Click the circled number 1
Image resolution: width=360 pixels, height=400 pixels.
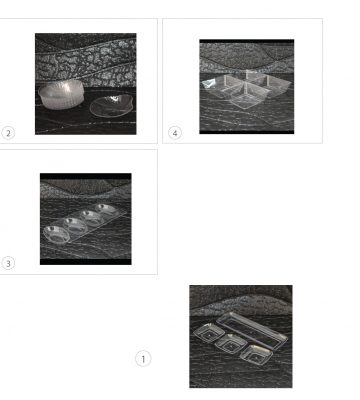click(143, 359)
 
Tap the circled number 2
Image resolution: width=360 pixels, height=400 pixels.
click(8, 133)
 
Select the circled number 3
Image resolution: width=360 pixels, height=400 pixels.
click(8, 263)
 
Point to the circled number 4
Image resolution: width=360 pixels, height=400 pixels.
click(175, 133)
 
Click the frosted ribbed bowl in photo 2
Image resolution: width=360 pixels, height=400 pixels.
click(61, 94)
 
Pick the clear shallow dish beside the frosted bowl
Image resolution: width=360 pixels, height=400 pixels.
click(111, 106)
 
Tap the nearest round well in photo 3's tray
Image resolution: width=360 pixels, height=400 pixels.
click(56, 234)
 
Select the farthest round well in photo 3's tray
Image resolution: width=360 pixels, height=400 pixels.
click(106, 209)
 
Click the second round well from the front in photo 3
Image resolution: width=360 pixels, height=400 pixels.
click(75, 225)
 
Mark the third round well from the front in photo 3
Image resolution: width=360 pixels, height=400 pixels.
click(92, 217)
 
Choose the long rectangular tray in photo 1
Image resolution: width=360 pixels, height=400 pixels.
click(252, 330)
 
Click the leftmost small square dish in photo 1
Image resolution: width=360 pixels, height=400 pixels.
click(208, 333)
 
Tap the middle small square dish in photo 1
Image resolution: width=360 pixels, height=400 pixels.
click(231, 343)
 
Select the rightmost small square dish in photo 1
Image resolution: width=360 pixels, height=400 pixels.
click(256, 354)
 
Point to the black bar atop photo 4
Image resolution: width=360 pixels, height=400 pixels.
click(247, 41)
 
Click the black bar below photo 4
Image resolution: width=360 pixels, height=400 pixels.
click(247, 132)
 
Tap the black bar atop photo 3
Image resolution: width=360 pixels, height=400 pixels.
click(86, 176)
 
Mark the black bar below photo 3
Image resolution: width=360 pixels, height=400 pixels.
click(86, 262)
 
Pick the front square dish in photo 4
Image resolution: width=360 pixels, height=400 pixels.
click(247, 97)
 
